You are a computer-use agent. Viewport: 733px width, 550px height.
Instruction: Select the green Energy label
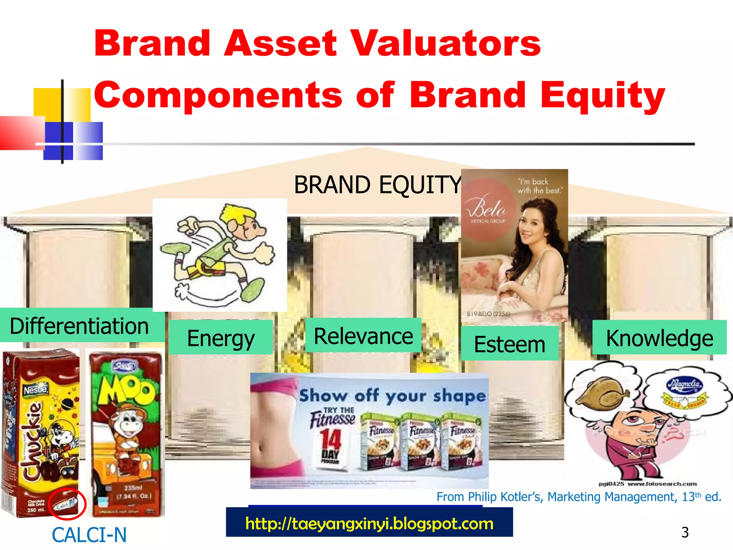pos(221,338)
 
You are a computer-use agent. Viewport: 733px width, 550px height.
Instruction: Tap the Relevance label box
pos(363,336)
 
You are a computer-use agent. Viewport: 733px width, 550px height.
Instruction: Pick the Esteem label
pos(509,344)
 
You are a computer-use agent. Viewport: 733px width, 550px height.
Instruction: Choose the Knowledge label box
pos(659,338)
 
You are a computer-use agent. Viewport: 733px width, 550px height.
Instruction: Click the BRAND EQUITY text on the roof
pos(378,185)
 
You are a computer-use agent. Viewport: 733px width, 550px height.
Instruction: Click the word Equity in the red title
pos(603,95)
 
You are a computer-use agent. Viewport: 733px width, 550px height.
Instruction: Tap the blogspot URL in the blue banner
pos(369,524)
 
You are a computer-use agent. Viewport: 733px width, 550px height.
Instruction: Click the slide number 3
pos(685,532)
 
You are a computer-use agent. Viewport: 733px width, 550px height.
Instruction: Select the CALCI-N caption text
pos(89,535)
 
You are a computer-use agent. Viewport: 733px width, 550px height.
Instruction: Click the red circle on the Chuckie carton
pos(67,504)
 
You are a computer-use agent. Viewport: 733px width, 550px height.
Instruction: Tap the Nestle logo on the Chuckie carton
pos(35,390)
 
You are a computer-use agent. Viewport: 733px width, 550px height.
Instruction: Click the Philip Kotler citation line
pos(578,497)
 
